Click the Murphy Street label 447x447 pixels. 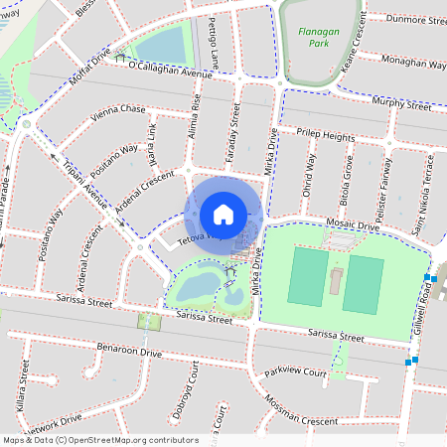(405, 101)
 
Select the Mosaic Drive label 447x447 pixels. (353, 226)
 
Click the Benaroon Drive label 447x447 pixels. (128, 352)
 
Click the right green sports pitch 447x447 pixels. (364, 284)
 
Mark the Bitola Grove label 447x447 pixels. (348, 180)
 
